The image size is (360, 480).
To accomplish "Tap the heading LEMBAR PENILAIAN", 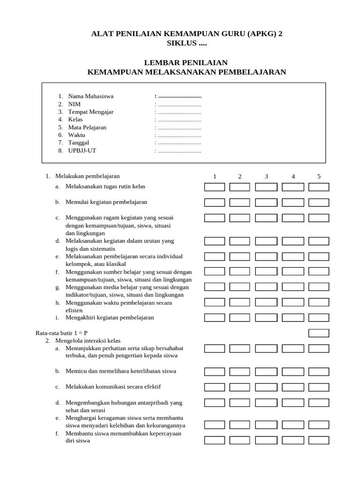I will [187, 62].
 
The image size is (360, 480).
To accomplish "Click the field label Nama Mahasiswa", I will [90, 96].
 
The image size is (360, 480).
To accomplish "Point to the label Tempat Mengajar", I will [90, 112].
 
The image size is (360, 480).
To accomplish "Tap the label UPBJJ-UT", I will [82, 150].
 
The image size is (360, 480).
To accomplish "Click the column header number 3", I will [266, 177].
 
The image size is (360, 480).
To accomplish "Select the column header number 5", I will [319, 177].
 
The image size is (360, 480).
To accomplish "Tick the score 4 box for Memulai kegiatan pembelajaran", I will [293, 203].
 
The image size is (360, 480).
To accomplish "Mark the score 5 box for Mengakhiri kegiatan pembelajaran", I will [319, 318].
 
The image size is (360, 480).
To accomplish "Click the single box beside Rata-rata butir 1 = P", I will [319, 333].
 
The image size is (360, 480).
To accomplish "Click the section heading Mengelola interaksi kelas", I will [88, 341].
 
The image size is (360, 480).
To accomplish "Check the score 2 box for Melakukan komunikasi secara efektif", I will [240, 387].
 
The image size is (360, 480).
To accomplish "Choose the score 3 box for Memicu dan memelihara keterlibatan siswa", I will [266, 372].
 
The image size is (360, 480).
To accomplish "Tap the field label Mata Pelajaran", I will [87, 127].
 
